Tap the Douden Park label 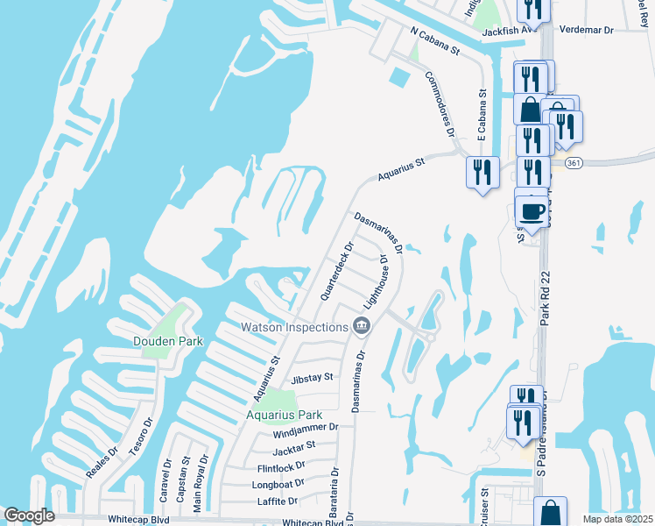pos(168,341)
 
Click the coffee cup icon pos(532,211)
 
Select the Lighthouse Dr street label pos(377,282)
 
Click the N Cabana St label pos(435,40)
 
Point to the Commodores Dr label pos(440,102)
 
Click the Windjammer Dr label pos(306,429)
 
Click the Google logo pos(29,515)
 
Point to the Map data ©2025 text pos(617,519)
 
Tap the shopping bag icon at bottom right pos(550,512)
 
